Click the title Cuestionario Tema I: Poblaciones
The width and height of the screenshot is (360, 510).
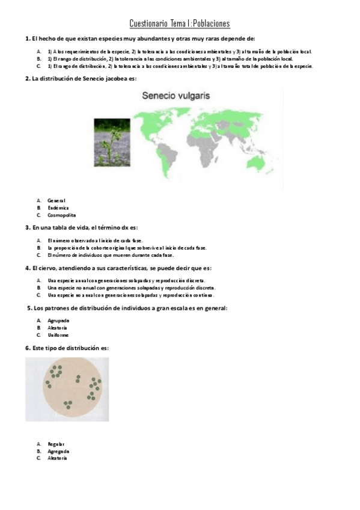coord(180,23)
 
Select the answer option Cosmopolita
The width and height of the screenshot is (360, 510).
coord(62,215)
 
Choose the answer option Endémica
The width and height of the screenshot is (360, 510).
coord(58,207)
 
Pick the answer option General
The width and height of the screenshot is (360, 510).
coord(56,200)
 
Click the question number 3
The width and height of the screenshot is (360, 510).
coord(28,228)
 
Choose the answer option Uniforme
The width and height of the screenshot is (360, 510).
coord(58,335)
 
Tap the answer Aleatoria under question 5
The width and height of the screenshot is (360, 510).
coord(58,328)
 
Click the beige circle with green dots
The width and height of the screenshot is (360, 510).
coord(67,389)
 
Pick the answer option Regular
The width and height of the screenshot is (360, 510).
coord(56,444)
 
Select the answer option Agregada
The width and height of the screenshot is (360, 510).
coord(58,451)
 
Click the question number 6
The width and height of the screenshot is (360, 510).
coord(28,348)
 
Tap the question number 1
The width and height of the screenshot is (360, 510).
coord(28,38)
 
